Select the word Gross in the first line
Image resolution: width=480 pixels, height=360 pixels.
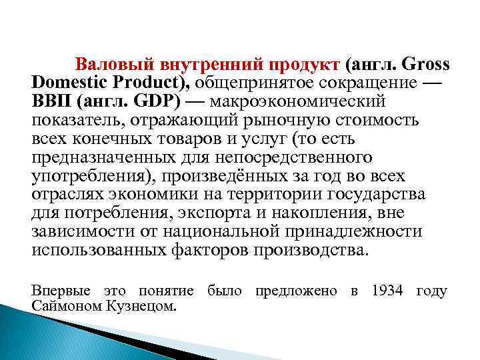(x=426, y=65)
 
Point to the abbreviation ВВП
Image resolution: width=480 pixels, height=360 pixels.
(x=51, y=103)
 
